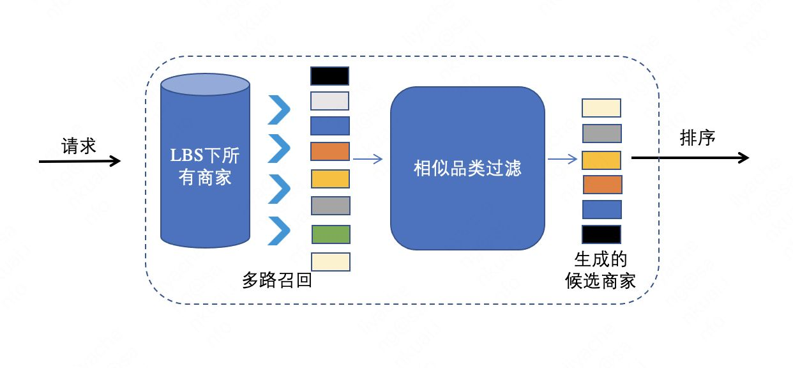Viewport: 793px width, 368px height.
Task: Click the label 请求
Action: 79,146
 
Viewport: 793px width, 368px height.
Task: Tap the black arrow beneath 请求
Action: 80,161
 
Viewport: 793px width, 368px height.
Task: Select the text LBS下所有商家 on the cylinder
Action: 205,166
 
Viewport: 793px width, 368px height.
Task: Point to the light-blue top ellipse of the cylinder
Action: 206,84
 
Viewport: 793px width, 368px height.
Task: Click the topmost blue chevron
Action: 279,110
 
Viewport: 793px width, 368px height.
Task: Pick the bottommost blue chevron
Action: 279,231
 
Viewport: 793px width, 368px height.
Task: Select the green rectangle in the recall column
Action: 331,234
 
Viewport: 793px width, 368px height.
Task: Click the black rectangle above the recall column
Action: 329,76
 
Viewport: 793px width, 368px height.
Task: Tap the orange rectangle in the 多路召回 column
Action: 330,151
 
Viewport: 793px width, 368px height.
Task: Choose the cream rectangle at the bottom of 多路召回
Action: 331,262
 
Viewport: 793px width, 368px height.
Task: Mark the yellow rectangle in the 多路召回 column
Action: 330,179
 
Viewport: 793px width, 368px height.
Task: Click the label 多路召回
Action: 277,280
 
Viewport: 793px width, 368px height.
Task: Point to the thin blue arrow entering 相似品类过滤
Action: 368,159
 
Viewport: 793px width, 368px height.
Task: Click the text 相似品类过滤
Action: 467,168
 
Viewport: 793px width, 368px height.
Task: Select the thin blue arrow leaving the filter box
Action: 563,159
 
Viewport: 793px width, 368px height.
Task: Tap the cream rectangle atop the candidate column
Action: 601,108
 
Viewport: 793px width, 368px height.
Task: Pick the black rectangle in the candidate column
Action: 601,234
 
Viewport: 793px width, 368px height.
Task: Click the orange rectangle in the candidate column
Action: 603,185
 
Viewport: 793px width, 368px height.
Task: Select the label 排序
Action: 697,138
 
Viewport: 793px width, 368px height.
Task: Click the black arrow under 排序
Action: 690,158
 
